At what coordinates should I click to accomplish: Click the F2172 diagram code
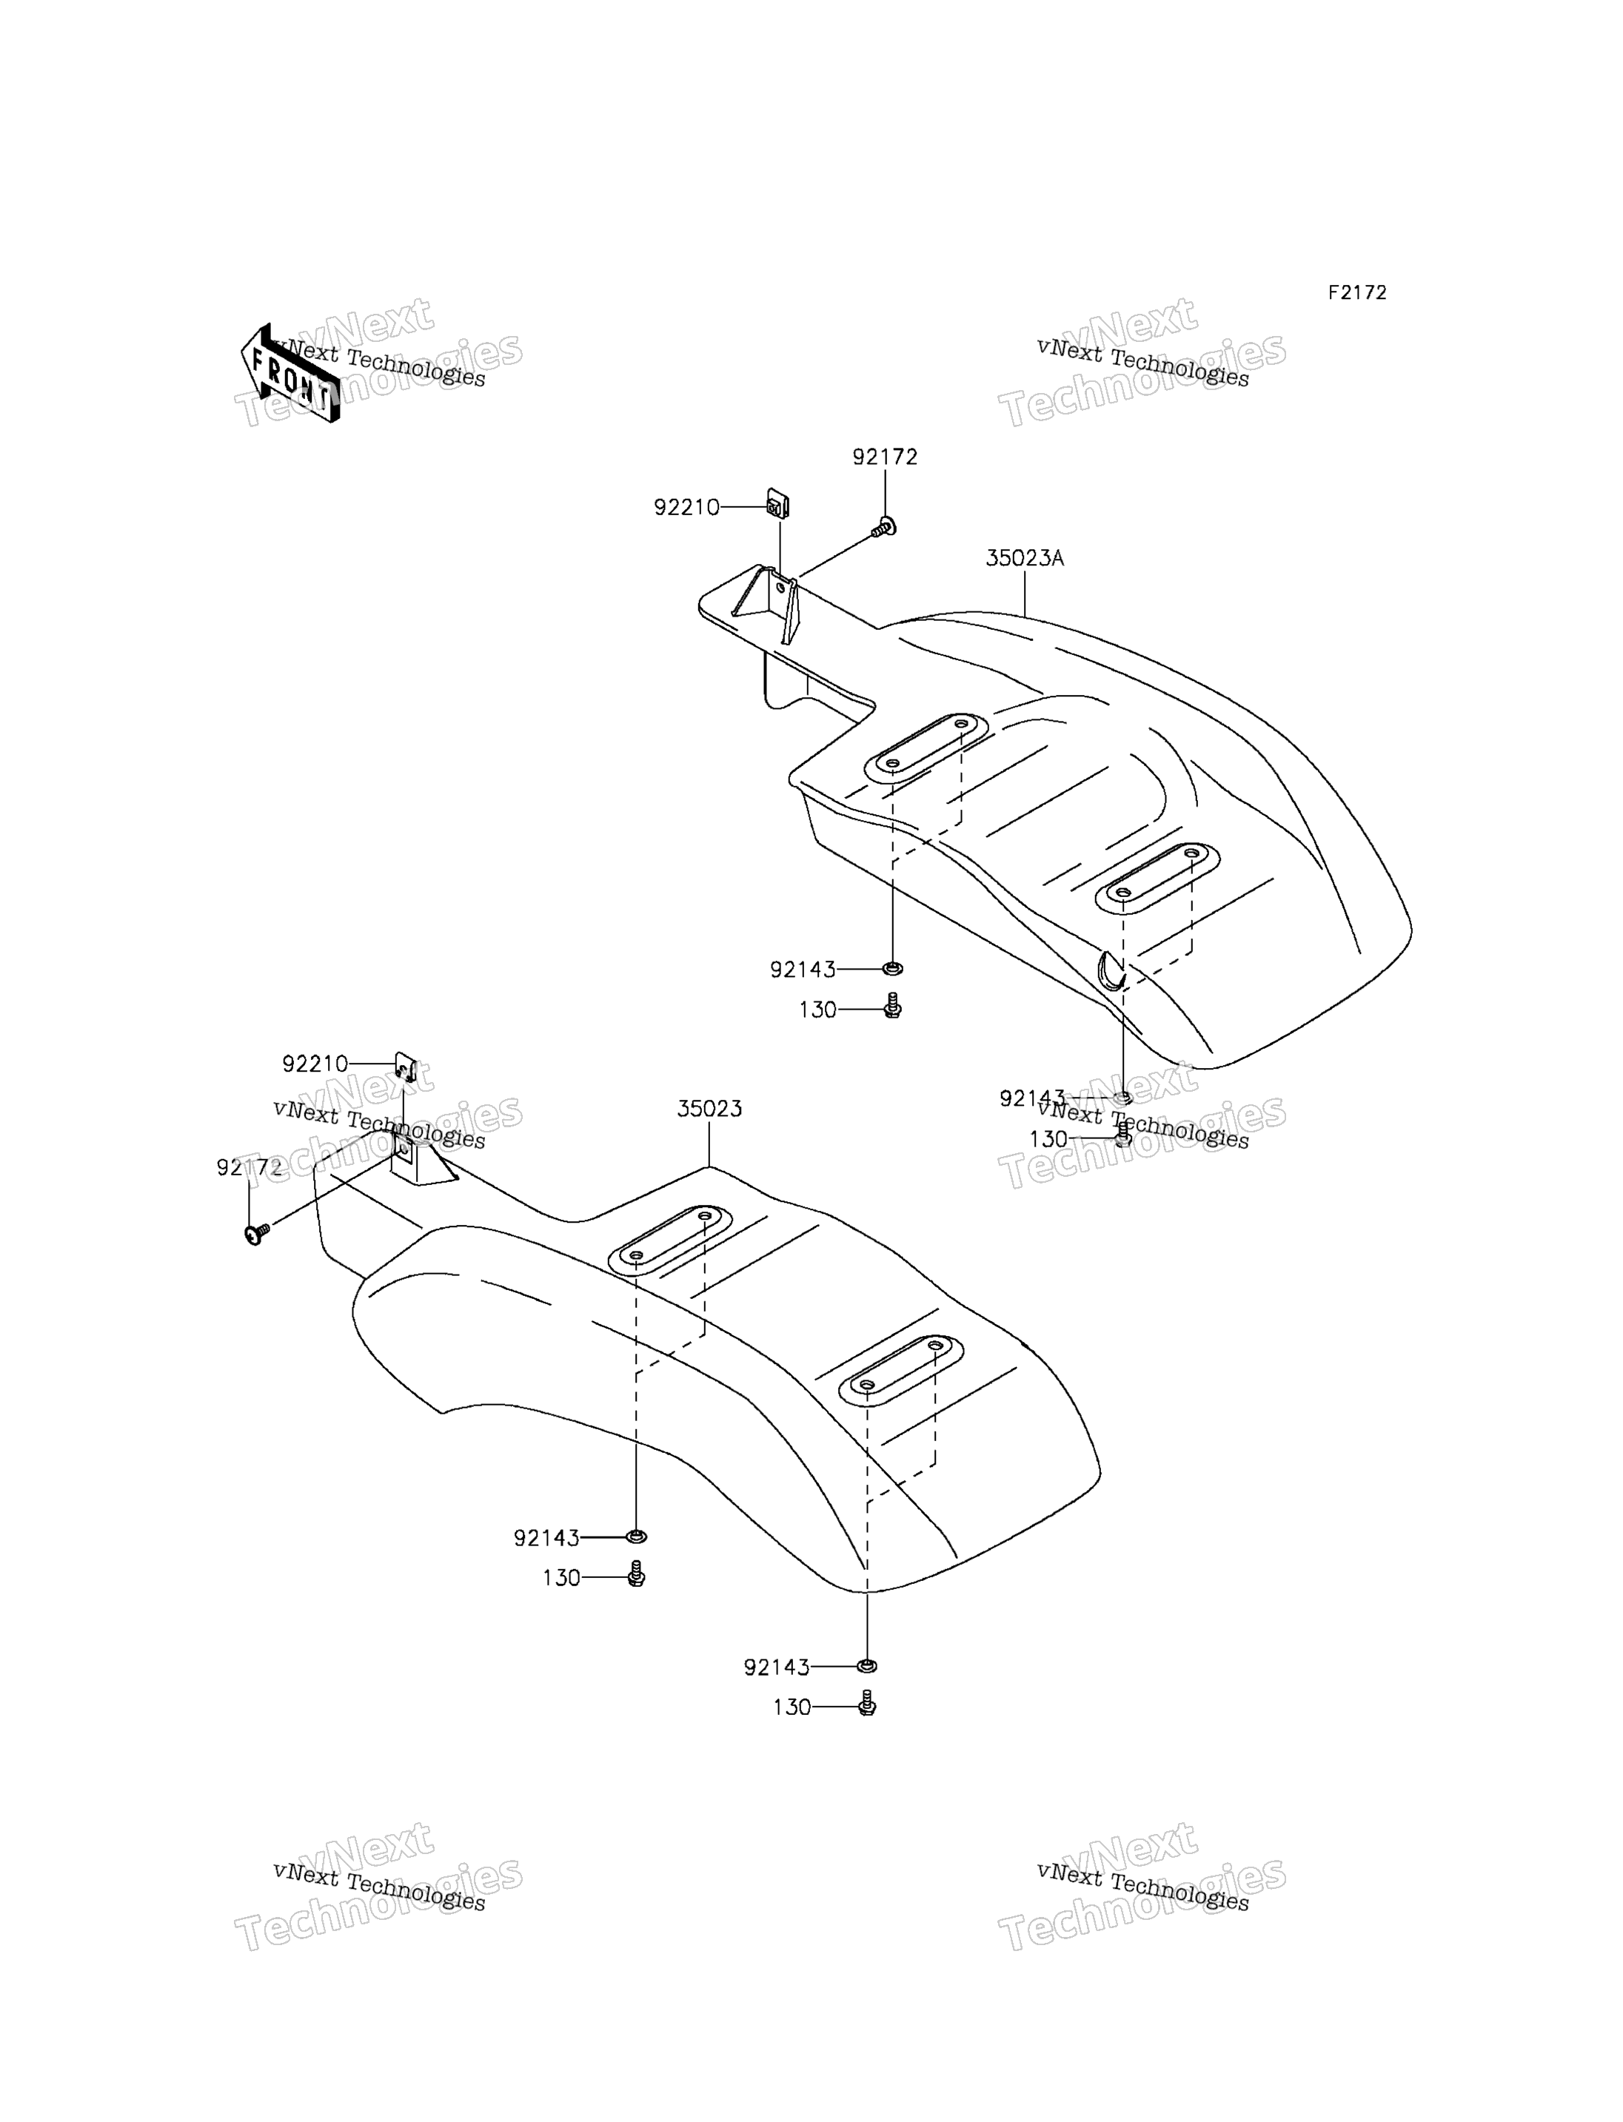1356,292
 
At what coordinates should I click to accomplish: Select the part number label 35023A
1024,558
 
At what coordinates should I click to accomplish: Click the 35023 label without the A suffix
709,1109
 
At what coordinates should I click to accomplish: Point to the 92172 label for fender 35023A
885,457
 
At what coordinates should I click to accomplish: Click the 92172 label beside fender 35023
250,1169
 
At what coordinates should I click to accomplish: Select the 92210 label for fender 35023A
687,507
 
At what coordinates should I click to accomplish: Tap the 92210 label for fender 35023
315,1064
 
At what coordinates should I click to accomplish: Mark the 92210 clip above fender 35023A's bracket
777,504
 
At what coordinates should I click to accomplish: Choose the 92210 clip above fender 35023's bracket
406,1067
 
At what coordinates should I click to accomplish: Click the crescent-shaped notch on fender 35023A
1111,970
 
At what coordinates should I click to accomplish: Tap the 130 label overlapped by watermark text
1048,1140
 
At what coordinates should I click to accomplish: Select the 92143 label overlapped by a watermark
1031,1099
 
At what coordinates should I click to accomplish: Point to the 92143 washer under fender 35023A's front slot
893,968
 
